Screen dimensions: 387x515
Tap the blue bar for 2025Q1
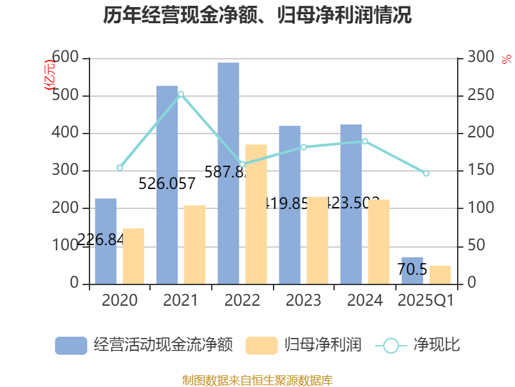point(413,270)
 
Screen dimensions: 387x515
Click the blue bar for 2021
point(167,184)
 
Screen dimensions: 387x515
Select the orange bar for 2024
point(379,241)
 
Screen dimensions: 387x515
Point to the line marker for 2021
point(182,94)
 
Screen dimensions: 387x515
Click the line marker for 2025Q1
point(426,174)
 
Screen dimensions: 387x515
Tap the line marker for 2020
point(120,168)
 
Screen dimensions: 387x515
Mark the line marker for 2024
point(365,141)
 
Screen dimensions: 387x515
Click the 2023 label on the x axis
point(303,301)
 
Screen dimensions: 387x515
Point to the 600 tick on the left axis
point(67,58)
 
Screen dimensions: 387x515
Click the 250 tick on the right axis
point(480,95)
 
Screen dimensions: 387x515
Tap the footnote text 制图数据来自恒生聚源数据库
point(257,380)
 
